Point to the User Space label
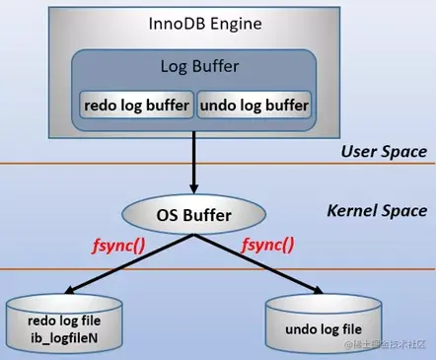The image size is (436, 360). point(383,151)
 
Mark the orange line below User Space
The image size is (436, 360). point(217,163)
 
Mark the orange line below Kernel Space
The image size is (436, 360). point(217,268)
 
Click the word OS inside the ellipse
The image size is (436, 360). point(165,212)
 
